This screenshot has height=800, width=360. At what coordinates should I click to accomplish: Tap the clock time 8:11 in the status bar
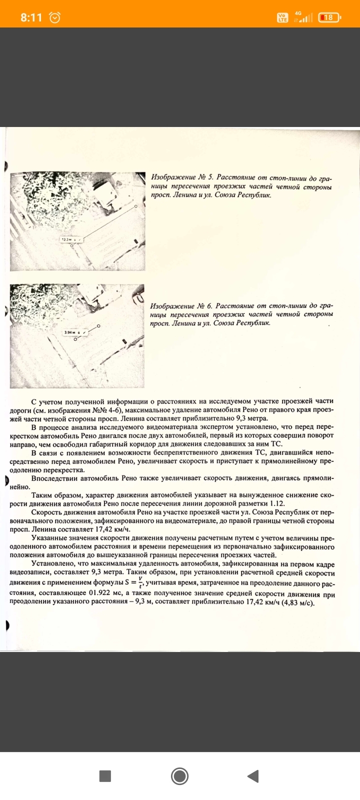(31, 17)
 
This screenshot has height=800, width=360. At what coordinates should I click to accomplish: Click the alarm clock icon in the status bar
(54, 17)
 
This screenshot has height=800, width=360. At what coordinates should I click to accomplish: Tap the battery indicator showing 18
(328, 17)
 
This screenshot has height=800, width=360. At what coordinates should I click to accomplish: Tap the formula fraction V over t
(140, 583)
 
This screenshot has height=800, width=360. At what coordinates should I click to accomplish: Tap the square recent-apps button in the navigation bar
(105, 776)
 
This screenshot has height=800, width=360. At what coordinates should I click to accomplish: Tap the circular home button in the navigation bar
(179, 776)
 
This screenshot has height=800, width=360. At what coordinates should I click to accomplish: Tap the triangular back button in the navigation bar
(253, 776)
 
